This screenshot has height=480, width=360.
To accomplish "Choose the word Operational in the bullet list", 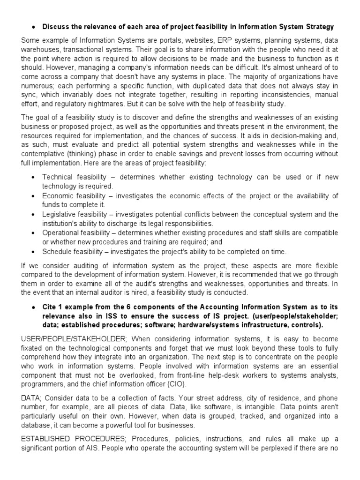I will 61,232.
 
